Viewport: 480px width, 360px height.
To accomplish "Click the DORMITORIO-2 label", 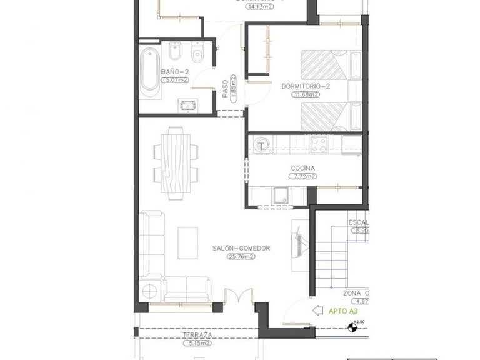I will click(x=305, y=86).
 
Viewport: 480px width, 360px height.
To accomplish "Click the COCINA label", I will click(x=302, y=168).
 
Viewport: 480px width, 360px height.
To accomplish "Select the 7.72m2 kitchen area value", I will click(x=303, y=176).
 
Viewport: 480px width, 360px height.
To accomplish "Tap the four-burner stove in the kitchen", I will click(x=319, y=145).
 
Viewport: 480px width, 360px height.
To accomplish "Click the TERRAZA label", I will click(x=197, y=336).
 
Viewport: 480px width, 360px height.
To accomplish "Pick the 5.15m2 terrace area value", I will click(x=197, y=343).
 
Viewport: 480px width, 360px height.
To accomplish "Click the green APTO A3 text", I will click(x=344, y=309).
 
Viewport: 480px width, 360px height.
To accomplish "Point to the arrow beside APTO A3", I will click(x=317, y=309).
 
